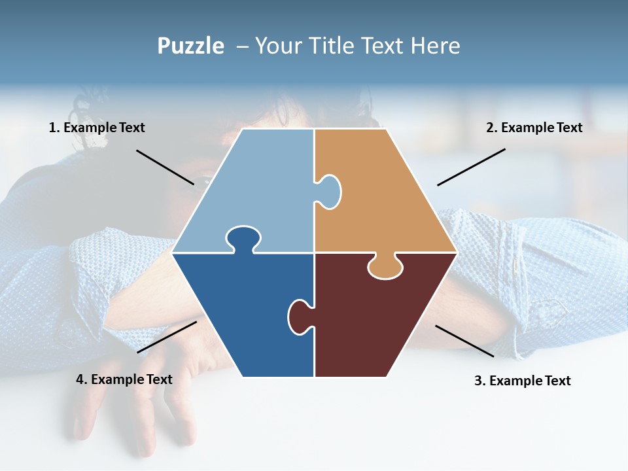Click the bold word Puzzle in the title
190,46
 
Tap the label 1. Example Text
97,128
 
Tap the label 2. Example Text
534,128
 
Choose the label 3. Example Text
522,381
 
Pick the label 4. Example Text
124,379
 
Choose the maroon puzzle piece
379,321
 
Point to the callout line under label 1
165,167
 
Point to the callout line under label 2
471,167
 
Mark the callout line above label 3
464,341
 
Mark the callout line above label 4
167,336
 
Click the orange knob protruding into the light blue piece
330,191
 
